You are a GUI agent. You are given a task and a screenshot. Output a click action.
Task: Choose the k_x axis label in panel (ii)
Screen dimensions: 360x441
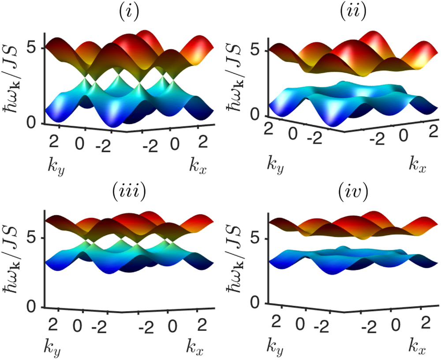click(x=417, y=166)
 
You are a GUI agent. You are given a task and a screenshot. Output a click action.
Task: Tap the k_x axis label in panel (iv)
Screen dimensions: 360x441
click(x=417, y=349)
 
